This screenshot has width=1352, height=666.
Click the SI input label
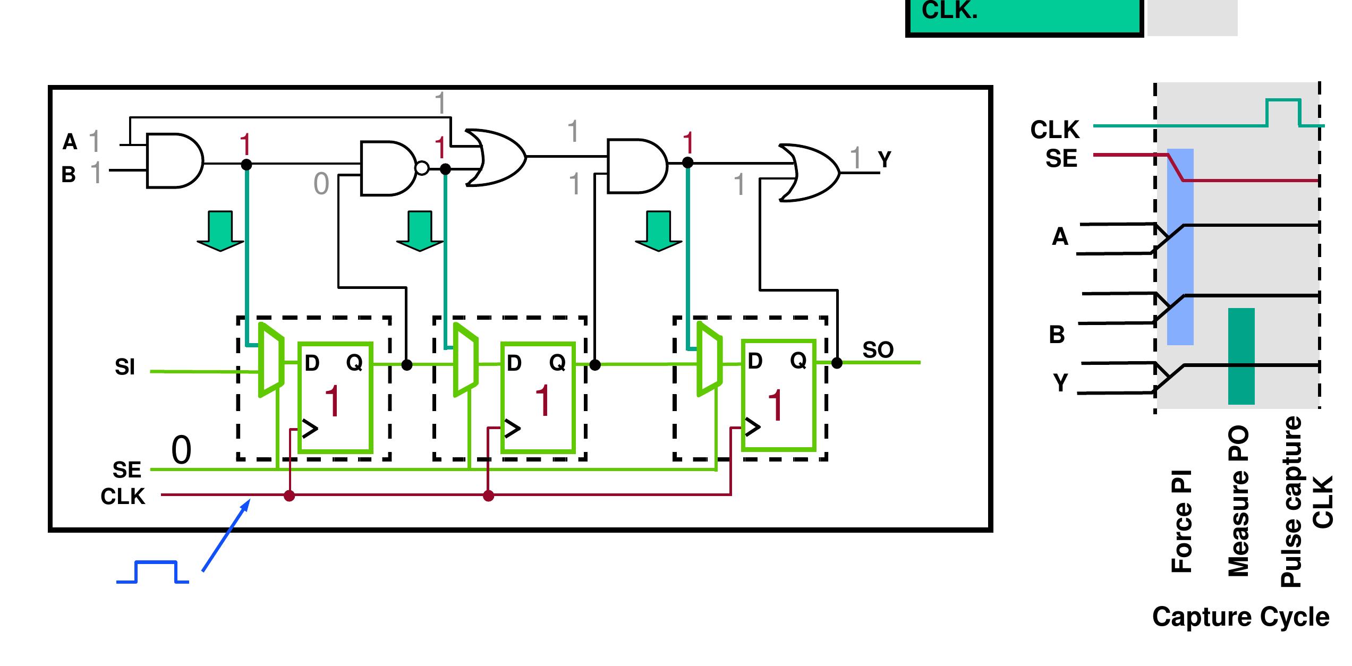[125, 367]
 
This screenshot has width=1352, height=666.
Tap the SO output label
[878, 350]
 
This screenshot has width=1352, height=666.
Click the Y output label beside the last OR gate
[885, 159]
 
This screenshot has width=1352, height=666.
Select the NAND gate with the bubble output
[389, 168]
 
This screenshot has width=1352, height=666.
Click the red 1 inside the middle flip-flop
[543, 401]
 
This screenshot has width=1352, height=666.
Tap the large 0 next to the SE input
[181, 450]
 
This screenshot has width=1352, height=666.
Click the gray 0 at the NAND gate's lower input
[321, 184]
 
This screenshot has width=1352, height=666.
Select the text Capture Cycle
[1240, 617]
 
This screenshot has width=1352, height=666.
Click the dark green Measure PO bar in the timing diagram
[1241, 356]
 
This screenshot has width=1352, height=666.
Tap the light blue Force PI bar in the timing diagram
[1180, 247]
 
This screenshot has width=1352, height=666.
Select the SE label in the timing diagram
[1061, 159]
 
